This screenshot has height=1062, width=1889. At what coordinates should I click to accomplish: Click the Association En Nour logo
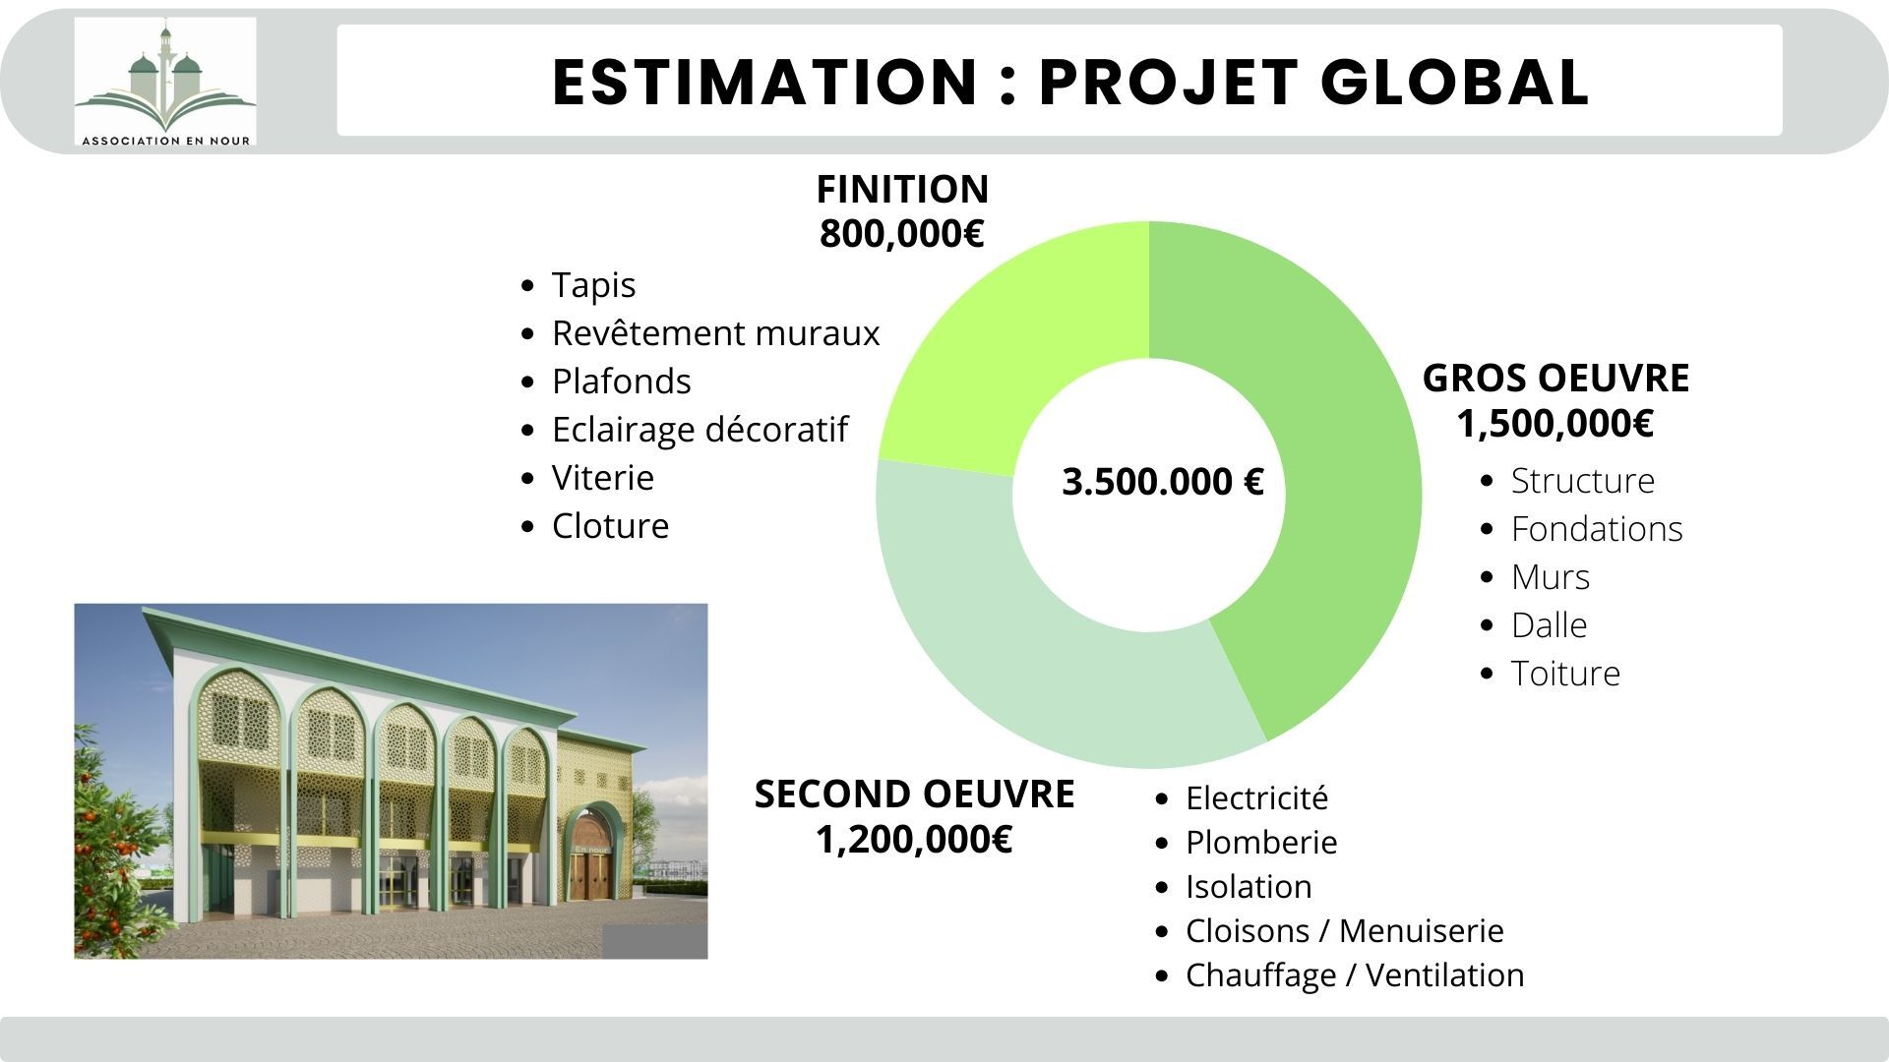165,83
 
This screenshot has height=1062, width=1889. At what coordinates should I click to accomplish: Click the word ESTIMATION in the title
763,82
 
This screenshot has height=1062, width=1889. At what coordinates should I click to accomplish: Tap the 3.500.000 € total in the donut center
1163,483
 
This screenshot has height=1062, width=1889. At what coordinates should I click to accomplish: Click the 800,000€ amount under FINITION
901,234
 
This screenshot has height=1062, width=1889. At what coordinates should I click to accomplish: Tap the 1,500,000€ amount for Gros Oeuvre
1554,424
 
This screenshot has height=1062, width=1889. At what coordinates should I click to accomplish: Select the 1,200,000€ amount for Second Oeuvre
914,840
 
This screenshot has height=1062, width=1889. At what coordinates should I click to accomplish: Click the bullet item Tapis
593,285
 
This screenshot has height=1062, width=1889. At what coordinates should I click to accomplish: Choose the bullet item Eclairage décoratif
700,430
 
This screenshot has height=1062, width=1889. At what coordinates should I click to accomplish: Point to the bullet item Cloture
610,526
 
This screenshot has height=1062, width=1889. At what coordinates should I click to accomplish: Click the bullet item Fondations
1596,529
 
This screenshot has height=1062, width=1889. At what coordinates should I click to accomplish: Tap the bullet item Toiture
1564,674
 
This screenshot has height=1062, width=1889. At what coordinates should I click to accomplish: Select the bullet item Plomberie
1260,843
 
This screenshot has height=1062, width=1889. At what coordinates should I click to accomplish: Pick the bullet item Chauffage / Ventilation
1354,975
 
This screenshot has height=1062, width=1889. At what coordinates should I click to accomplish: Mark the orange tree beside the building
108,846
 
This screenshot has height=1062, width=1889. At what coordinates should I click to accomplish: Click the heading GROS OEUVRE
1555,379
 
